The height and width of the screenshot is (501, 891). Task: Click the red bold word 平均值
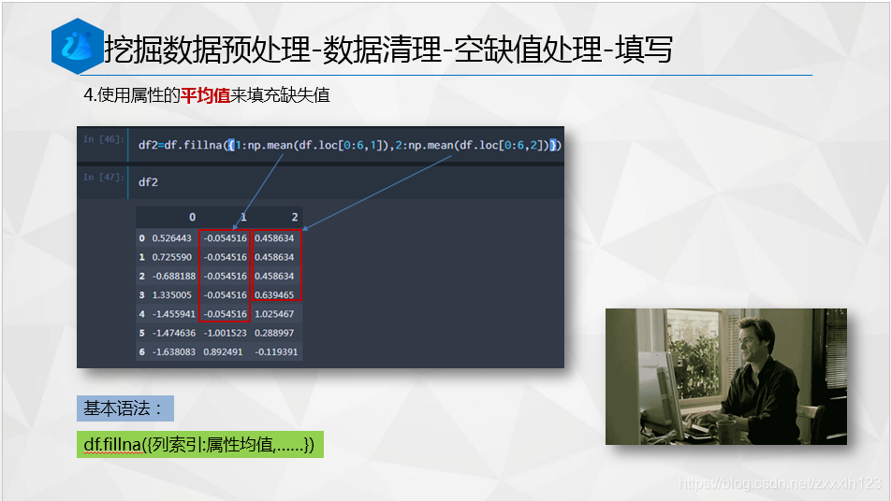(205, 95)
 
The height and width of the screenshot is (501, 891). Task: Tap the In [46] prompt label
(103, 139)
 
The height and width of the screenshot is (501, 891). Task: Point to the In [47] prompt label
(103, 177)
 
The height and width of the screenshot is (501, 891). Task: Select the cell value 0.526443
(172, 238)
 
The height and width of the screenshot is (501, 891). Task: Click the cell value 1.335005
(172, 295)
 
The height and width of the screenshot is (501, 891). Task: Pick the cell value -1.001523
(225, 333)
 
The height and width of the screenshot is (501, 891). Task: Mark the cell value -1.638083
(171, 352)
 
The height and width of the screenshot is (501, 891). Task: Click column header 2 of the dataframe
(295, 217)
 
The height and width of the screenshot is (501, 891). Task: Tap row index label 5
(141, 333)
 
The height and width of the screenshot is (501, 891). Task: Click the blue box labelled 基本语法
(124, 408)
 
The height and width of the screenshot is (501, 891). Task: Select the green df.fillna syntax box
(199, 445)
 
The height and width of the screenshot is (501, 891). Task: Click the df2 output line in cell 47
(148, 182)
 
